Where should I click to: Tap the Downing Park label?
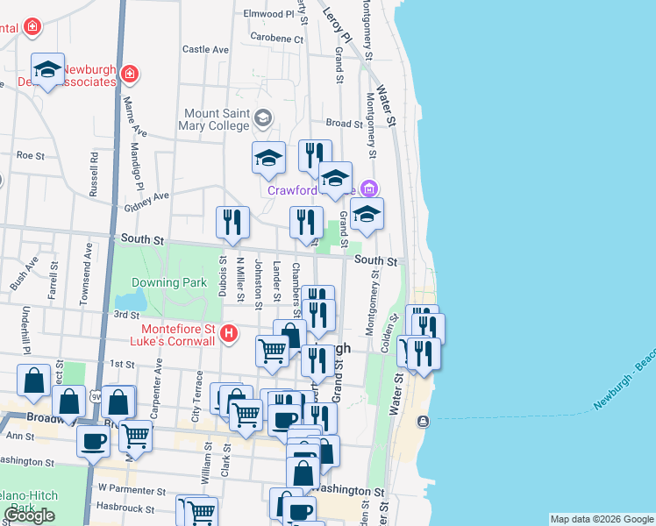coord(168,282)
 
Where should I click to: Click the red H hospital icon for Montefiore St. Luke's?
coord(229,333)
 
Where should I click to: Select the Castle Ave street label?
coord(205,50)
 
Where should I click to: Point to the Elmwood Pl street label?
coord(268,14)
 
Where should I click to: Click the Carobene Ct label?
coord(276,39)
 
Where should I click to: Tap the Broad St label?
coord(344,124)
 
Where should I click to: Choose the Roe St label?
coord(30,154)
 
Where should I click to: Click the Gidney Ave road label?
coord(146,203)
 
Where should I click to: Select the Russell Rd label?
coord(92,175)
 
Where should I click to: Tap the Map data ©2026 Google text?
coord(601,519)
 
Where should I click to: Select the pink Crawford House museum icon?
coord(369,188)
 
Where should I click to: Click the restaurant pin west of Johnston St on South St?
coord(232,223)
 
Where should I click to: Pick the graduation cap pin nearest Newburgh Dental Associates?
coord(47,69)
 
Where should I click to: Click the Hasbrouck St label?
coord(125,508)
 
